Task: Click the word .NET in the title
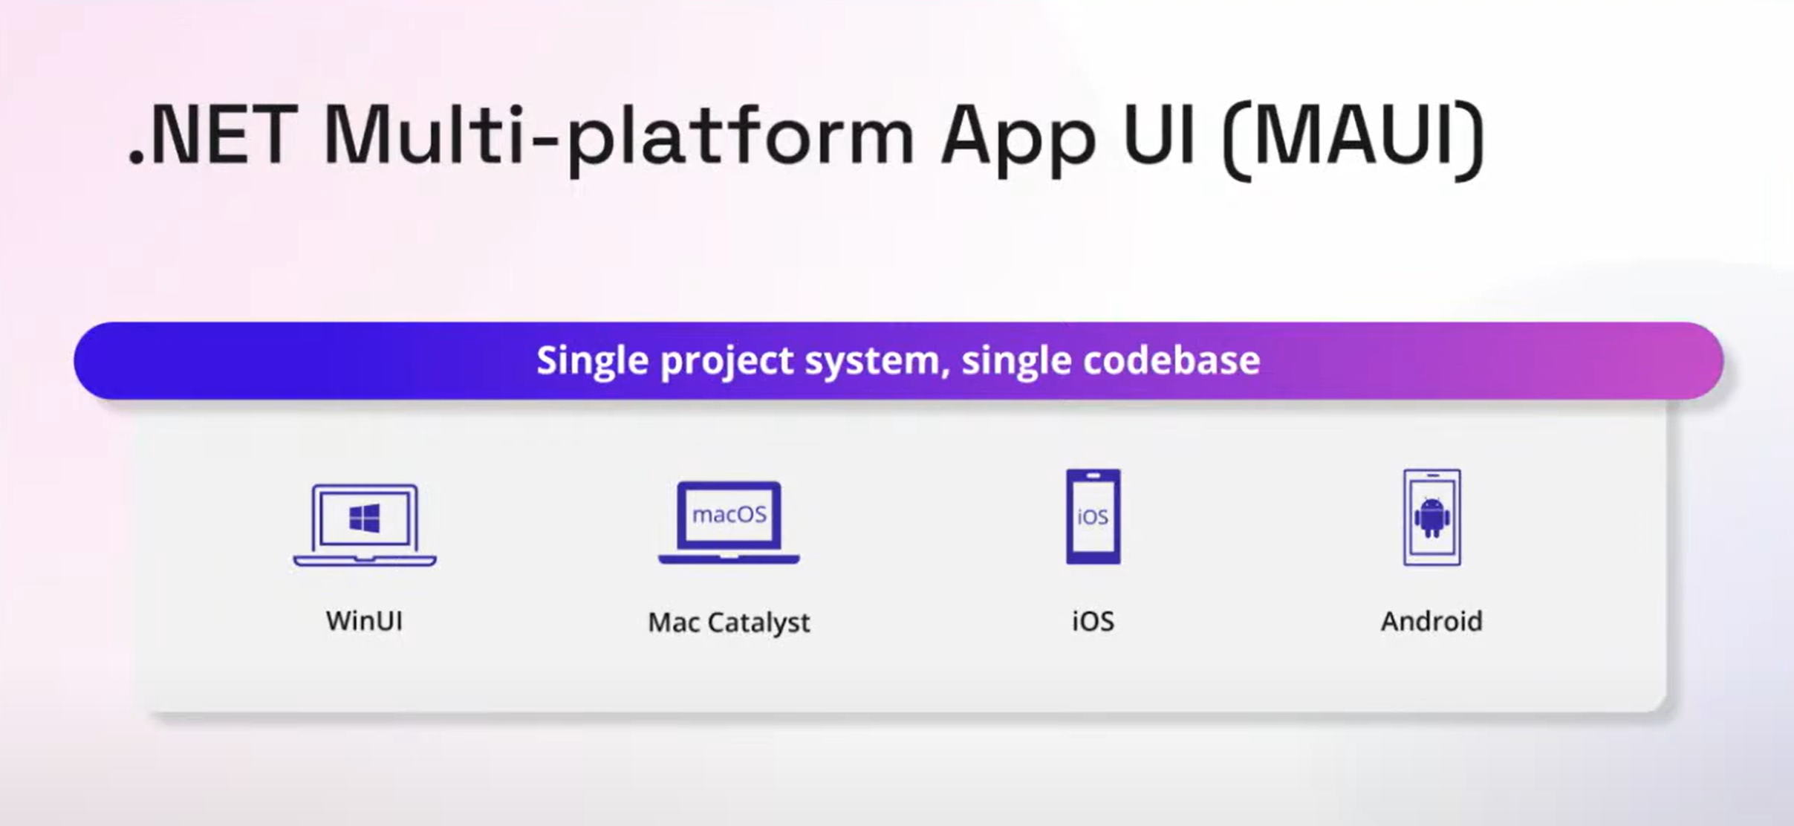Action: (212, 135)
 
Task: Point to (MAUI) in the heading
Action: (1353, 137)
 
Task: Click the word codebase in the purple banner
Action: (1171, 360)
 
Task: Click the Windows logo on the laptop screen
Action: (365, 518)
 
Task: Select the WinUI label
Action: (364, 620)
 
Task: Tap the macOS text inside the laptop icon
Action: (729, 514)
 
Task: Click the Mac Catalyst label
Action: (729, 622)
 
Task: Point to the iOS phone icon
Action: (1093, 516)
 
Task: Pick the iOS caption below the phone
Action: (1093, 620)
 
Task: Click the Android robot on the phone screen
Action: (1431, 518)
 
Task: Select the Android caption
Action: (1431, 620)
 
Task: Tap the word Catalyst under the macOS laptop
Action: (758, 622)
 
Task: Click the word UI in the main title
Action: (1160, 135)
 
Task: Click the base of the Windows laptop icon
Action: (365, 560)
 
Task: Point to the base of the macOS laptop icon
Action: (729, 559)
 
